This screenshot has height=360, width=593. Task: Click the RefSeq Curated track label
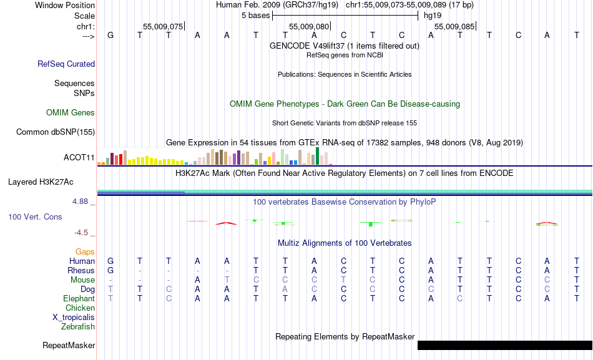tap(66, 64)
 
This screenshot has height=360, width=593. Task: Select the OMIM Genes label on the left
tap(71, 113)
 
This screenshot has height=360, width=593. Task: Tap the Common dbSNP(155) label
tap(56, 132)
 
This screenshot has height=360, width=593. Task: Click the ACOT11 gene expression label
tap(79, 157)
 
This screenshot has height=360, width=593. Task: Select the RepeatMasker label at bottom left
tap(69, 345)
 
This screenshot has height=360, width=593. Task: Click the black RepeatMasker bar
tap(504, 345)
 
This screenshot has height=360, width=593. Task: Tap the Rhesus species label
tap(81, 271)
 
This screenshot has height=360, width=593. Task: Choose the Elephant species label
tap(79, 299)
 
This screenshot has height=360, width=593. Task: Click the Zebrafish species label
tap(78, 326)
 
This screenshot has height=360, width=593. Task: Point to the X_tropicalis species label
tap(74, 317)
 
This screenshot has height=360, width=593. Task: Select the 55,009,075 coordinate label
tap(163, 27)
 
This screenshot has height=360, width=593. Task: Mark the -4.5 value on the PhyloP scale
tap(84, 233)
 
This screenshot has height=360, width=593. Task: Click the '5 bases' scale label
tap(255, 15)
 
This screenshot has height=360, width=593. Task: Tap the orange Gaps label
tap(85, 251)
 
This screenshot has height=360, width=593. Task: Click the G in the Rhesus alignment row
tap(110, 271)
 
